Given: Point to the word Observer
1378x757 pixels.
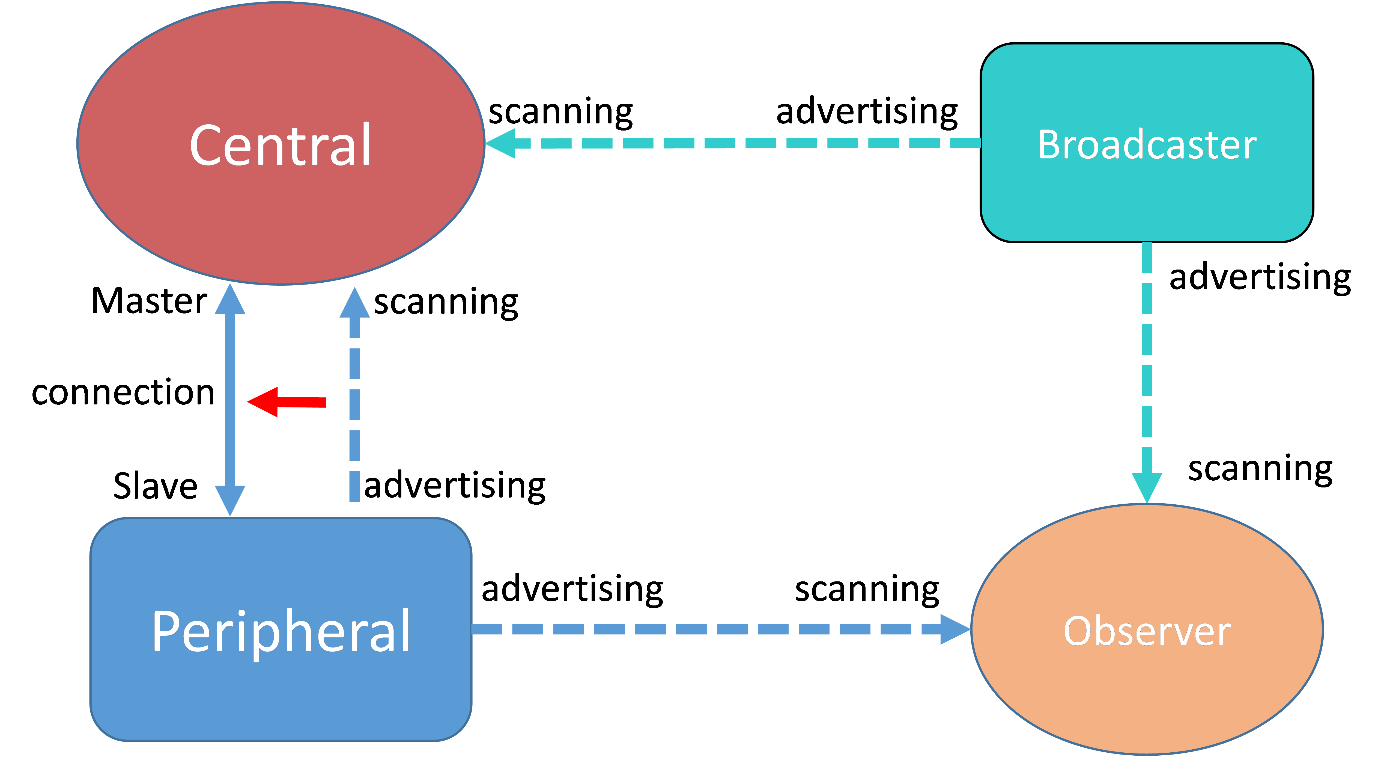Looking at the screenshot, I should tap(1147, 632).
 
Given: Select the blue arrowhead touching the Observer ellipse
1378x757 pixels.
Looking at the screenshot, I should tap(955, 629).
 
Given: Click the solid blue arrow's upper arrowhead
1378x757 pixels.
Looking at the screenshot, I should tap(230, 300).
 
